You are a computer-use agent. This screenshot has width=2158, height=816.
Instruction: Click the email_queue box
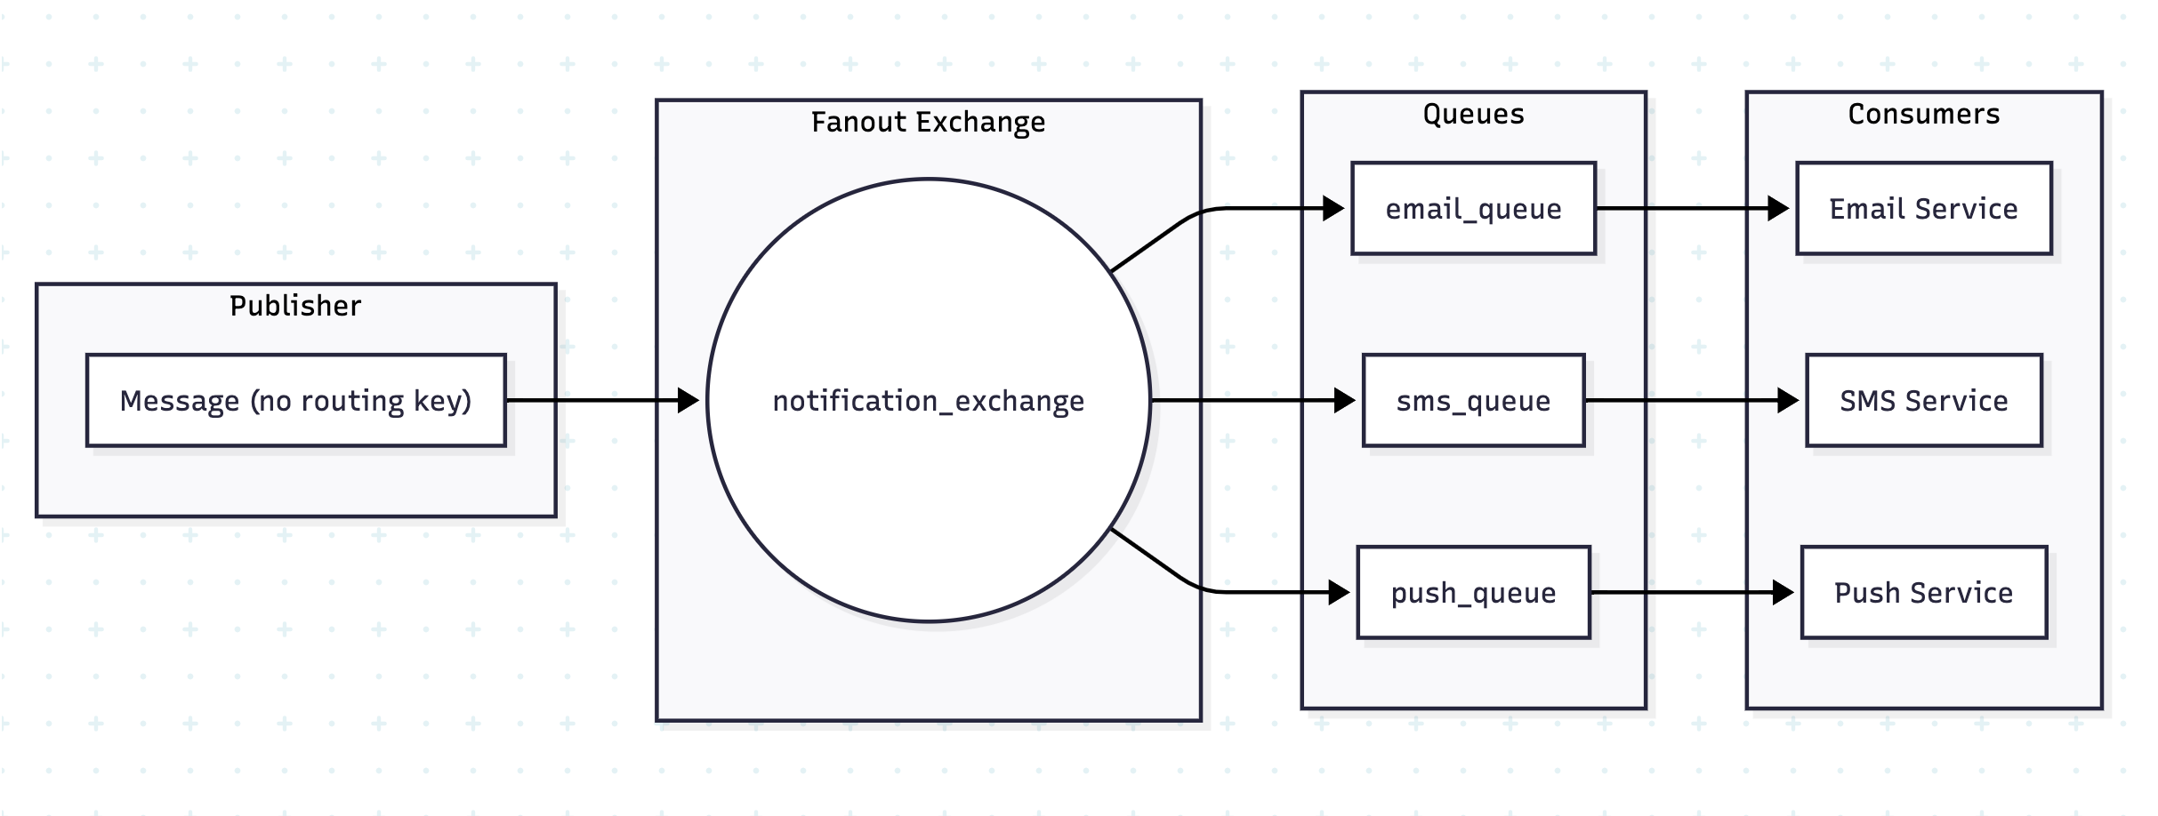1473,209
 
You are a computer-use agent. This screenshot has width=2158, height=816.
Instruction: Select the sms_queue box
1473,401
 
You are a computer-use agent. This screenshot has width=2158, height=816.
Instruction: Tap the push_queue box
1473,593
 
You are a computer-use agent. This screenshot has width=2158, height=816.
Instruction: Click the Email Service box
1923,209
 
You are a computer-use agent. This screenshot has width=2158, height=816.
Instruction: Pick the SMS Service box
1923,401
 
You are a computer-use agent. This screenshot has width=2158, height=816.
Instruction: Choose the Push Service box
1923,593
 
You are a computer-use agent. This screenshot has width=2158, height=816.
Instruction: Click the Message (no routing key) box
295,401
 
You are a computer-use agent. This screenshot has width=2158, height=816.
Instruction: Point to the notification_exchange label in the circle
928,401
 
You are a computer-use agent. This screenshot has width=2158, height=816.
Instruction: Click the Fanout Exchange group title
928,122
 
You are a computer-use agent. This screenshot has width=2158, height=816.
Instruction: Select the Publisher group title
295,306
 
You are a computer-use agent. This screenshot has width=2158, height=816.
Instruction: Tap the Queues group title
1473,114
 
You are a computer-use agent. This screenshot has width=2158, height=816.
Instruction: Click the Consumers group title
1923,114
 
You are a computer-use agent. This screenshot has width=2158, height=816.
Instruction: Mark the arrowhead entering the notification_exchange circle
688,401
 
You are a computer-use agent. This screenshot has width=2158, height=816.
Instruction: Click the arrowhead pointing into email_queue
1333,209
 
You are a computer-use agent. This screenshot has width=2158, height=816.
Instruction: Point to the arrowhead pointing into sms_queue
1344,401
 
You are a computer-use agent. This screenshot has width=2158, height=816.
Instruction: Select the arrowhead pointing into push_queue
1339,592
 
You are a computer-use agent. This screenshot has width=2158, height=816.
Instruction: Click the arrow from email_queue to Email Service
1690,209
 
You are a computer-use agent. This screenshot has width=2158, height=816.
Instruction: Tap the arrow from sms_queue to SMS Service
1690,401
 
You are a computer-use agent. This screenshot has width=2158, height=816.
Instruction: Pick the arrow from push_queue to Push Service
1690,593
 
